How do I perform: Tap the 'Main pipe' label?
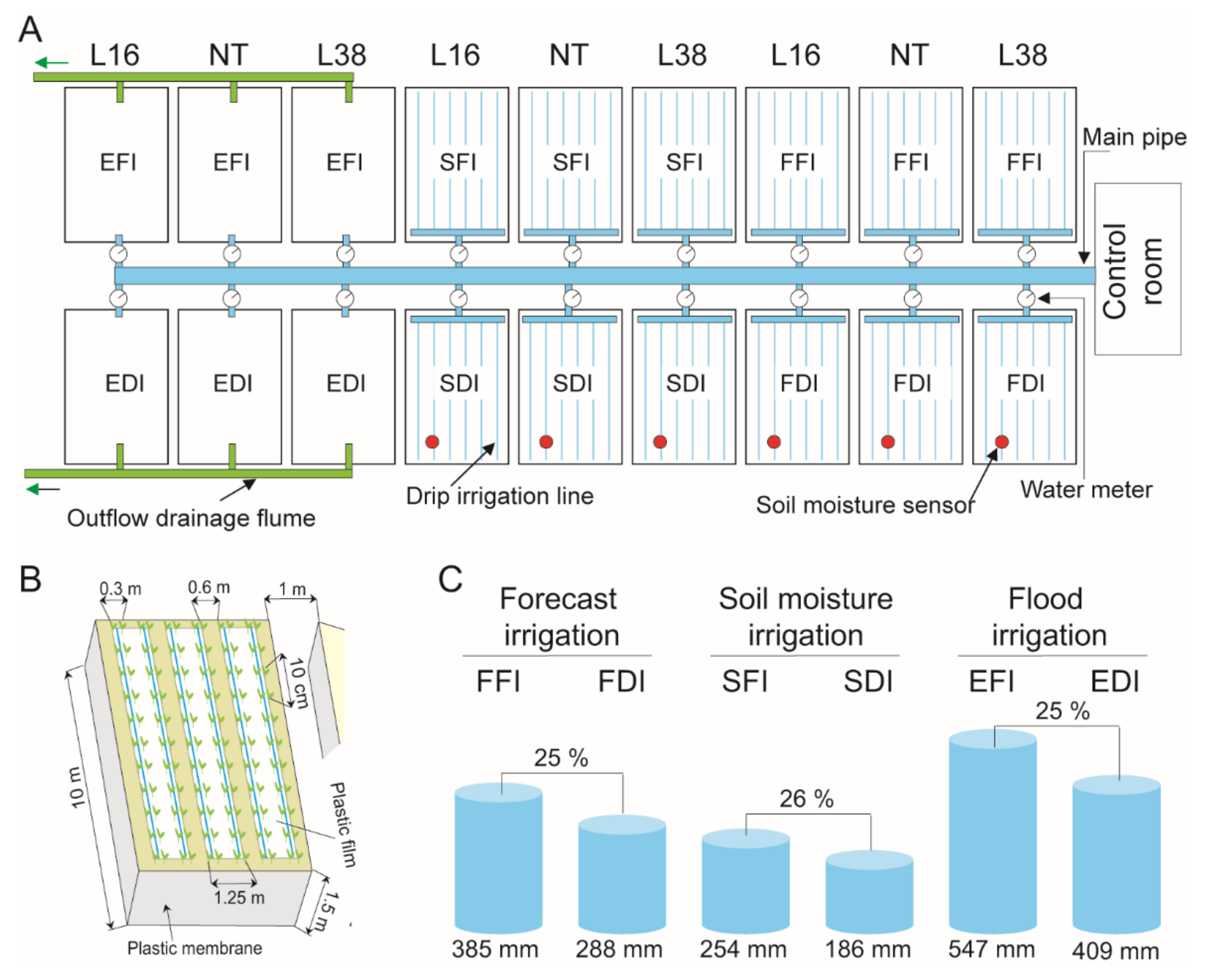click(x=1134, y=137)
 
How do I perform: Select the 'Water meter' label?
click(x=1086, y=489)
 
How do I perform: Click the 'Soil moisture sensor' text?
click(x=864, y=505)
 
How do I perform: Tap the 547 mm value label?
click(x=991, y=949)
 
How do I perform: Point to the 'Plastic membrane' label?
click(x=194, y=948)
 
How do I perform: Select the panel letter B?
click(x=31, y=579)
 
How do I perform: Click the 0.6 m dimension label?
click(x=209, y=587)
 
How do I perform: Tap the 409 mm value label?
click(x=1115, y=950)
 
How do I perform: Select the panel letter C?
click(x=450, y=579)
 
